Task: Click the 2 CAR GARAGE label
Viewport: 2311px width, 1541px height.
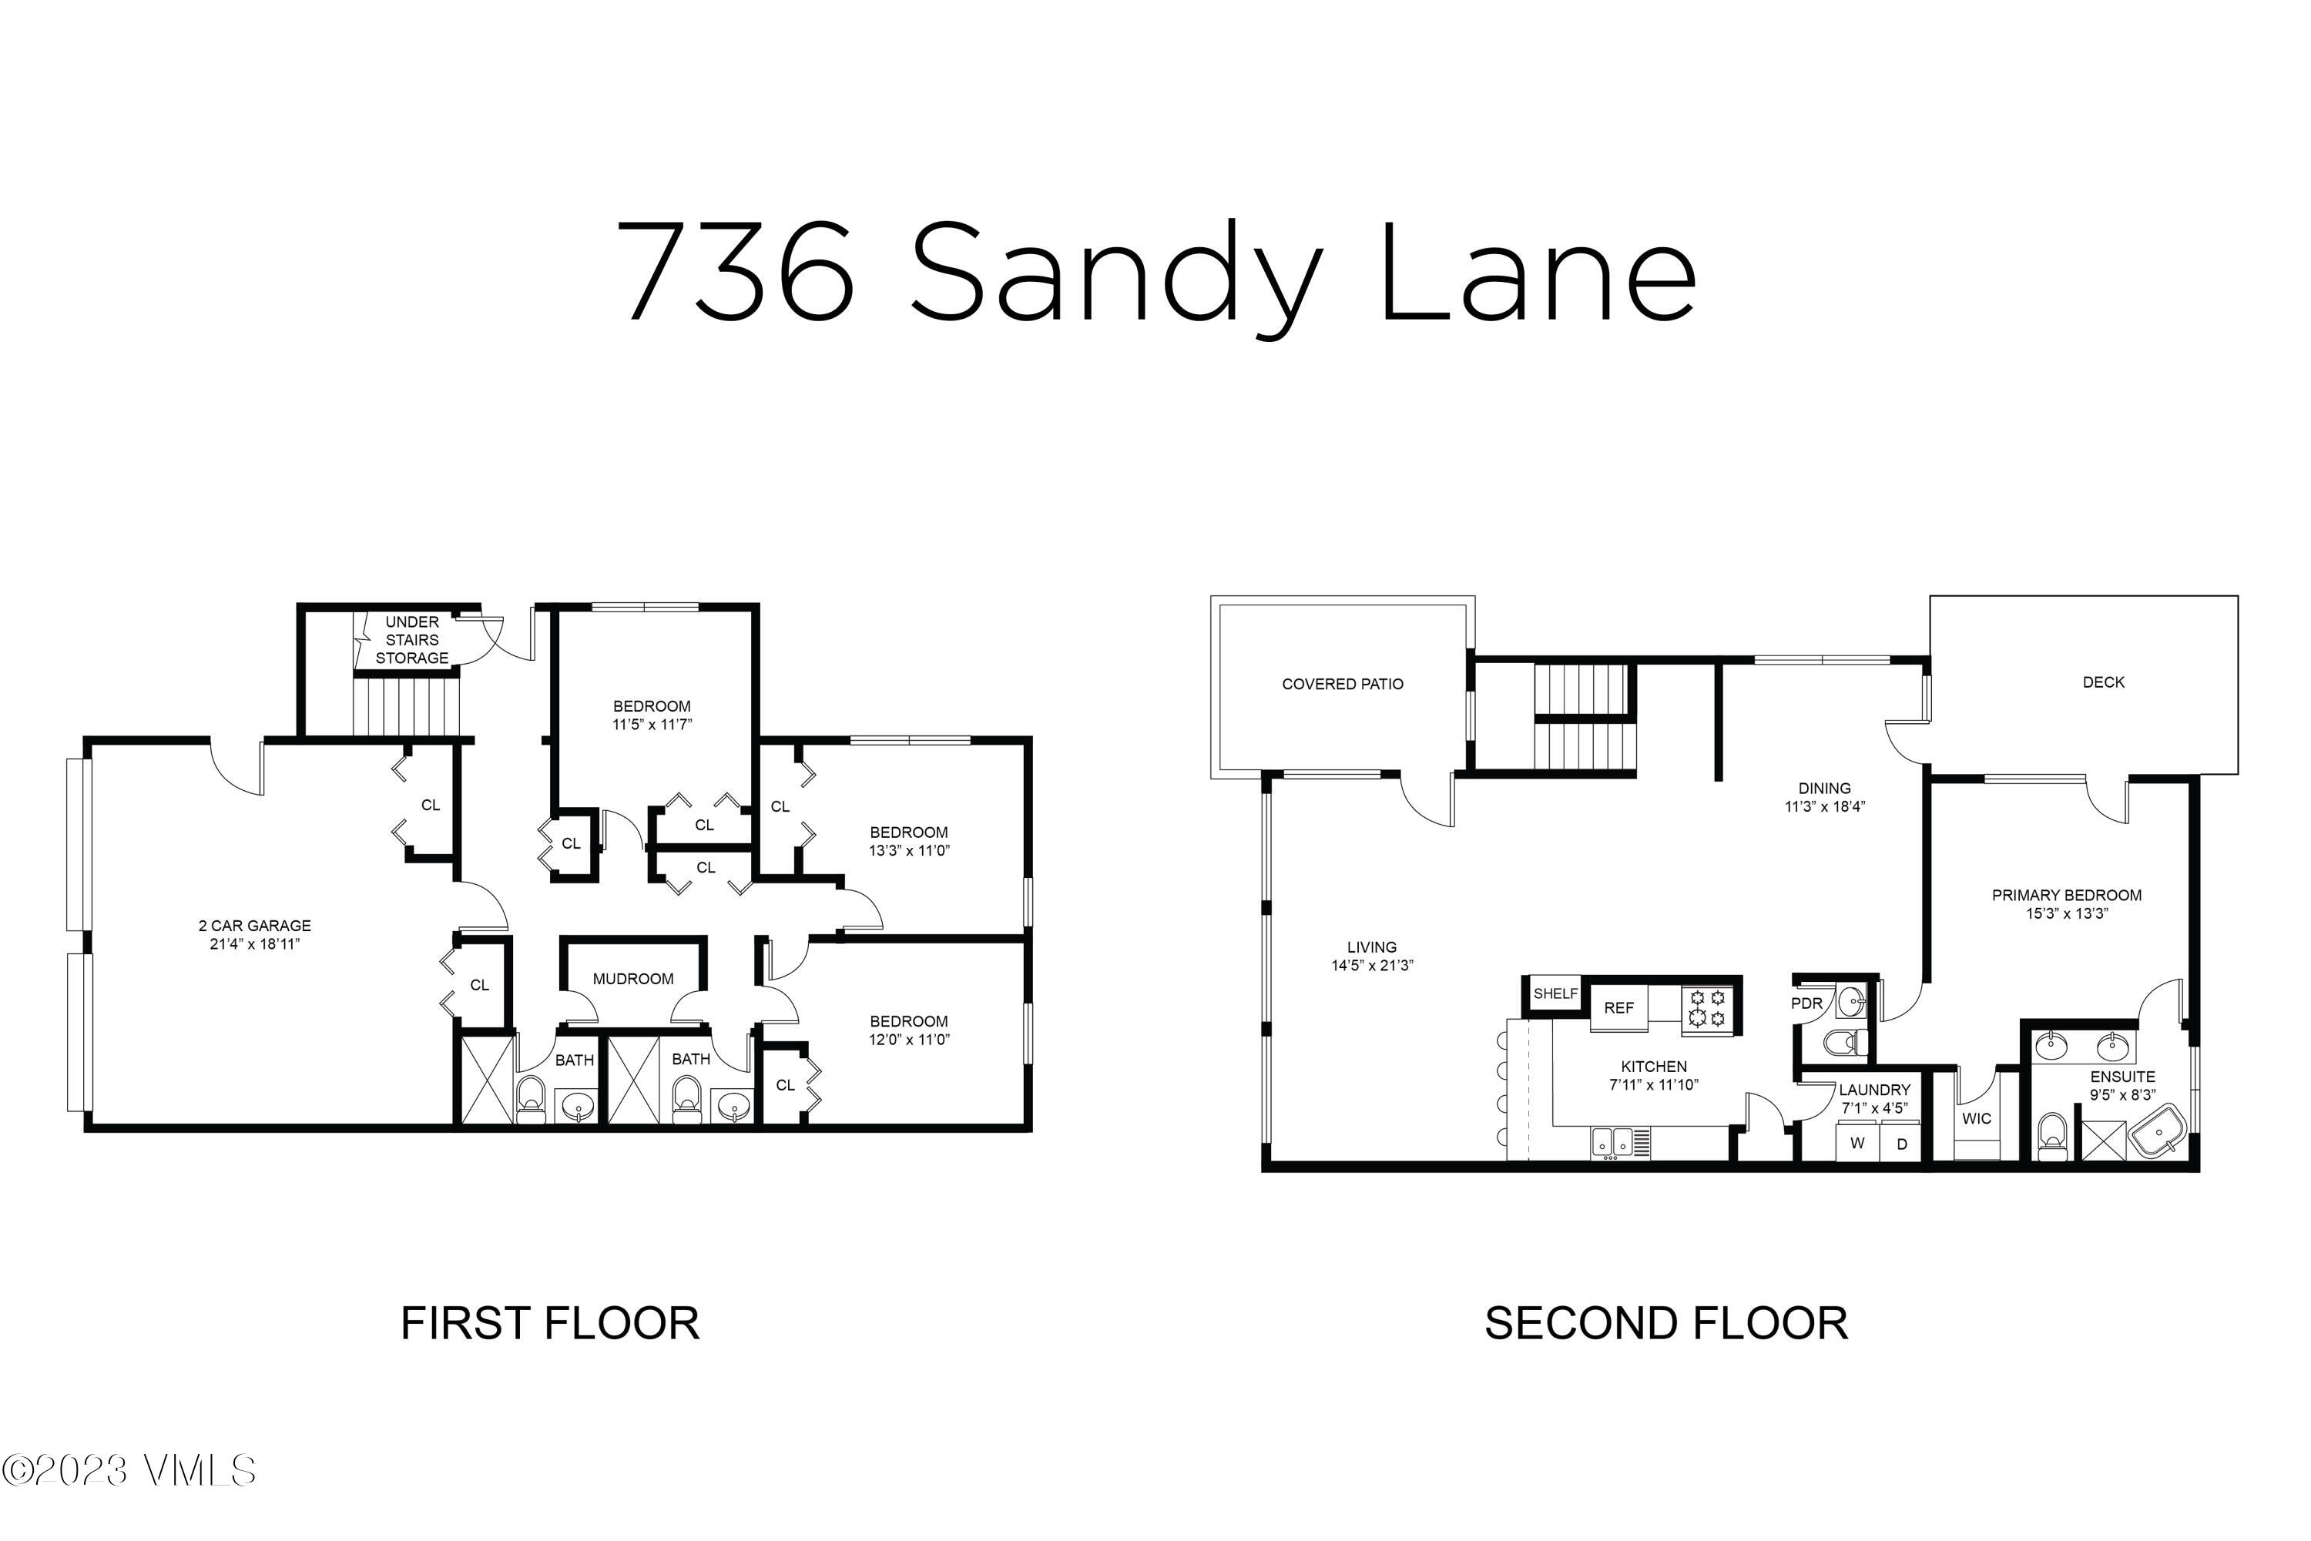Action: click(x=254, y=926)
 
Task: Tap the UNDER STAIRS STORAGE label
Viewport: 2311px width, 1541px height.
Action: click(x=412, y=640)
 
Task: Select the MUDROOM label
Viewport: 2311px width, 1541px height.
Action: click(x=633, y=979)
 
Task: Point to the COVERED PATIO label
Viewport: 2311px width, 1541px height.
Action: click(x=1342, y=684)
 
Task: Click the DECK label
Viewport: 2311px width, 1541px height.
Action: click(x=2104, y=682)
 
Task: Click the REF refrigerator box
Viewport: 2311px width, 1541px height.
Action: click(x=1619, y=1008)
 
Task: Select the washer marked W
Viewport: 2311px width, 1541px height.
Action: click(x=1857, y=1143)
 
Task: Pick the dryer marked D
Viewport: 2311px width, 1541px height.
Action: click(x=1902, y=1144)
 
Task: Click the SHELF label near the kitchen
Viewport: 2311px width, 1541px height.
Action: click(x=1555, y=993)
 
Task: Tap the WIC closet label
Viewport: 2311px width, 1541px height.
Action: click(x=1976, y=1118)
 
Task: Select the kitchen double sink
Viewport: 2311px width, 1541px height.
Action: click(x=1612, y=1142)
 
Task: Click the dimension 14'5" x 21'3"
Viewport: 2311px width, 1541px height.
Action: click(x=1371, y=965)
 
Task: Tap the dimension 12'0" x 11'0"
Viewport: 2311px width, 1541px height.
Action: click(x=909, y=1040)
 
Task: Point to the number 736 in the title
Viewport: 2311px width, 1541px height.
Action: click(x=736, y=272)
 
